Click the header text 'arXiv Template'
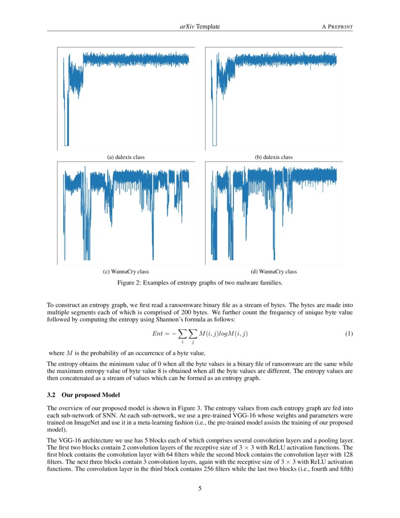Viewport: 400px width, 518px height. point(197,27)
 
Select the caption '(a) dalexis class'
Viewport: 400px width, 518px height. point(126,157)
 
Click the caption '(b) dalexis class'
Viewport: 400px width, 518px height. point(274,157)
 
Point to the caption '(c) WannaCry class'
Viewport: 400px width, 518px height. point(126,272)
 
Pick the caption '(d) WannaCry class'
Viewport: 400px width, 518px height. point(274,272)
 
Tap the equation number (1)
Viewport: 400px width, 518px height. point(349,334)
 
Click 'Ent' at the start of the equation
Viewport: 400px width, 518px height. point(157,334)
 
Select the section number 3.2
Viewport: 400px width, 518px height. point(52,394)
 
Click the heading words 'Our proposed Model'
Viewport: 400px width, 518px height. point(94,394)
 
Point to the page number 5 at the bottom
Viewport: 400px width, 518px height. point(200,488)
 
